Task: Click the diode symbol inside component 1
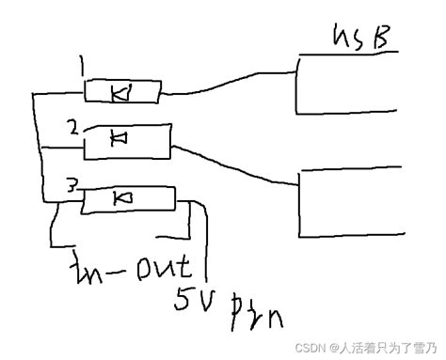click(120, 92)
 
